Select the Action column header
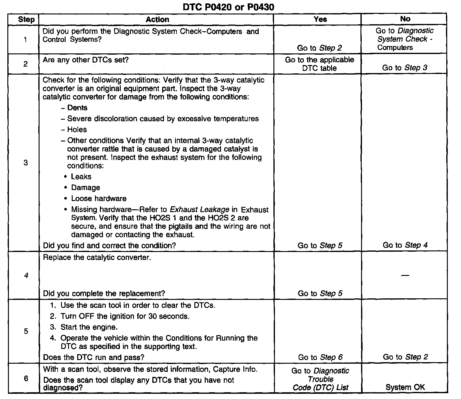click(157, 20)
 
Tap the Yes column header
click(320, 19)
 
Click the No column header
click(405, 19)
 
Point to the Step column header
click(26, 20)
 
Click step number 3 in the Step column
click(26, 163)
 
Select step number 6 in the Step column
click(26, 378)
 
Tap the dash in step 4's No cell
click(405, 275)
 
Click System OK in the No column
click(405, 387)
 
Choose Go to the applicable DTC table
click(319, 64)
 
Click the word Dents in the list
click(77, 108)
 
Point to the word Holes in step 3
click(77, 130)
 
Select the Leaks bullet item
click(81, 177)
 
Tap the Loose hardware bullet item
click(99, 199)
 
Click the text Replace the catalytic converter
click(97, 257)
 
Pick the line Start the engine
click(89, 327)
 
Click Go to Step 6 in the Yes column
click(320, 357)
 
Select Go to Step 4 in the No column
click(405, 245)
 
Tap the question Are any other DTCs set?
click(86, 60)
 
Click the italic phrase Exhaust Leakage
click(200, 210)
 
